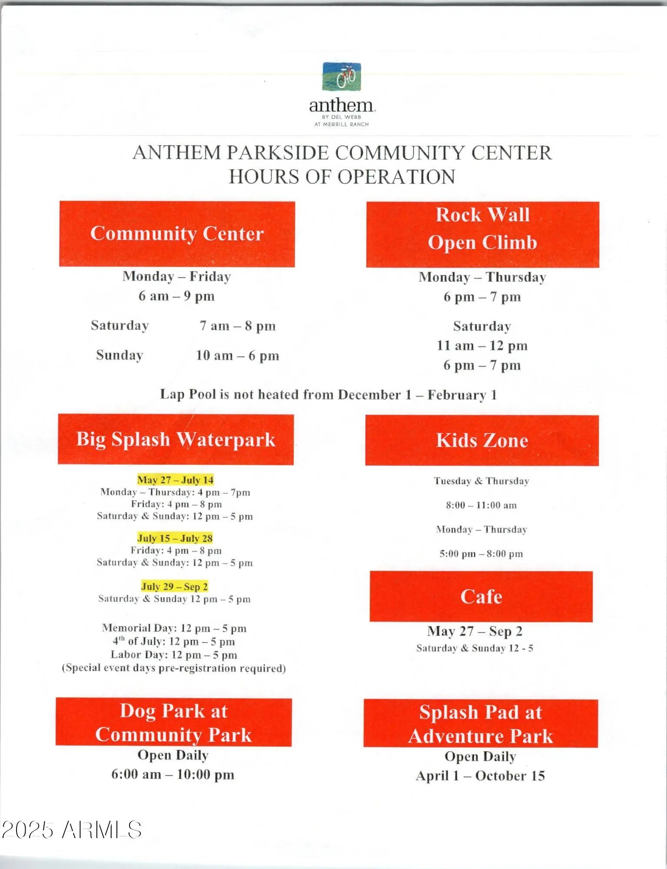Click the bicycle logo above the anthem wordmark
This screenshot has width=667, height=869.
click(342, 77)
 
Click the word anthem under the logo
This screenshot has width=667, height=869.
click(342, 106)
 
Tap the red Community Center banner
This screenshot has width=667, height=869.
click(177, 234)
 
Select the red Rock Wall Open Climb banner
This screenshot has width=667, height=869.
click(482, 234)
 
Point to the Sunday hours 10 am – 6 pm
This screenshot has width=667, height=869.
click(237, 356)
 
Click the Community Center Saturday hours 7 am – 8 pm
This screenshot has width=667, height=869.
click(237, 326)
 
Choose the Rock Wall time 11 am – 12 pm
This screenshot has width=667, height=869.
click(482, 346)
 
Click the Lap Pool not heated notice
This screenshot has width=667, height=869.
click(328, 395)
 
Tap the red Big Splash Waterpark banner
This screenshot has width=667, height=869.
click(176, 439)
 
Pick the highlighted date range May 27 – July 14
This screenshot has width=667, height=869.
click(176, 480)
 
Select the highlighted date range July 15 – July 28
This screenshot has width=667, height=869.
click(175, 538)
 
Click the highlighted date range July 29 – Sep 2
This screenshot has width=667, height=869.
click(175, 586)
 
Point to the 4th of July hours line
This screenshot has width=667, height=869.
click(174, 642)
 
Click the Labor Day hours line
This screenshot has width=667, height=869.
click(174, 655)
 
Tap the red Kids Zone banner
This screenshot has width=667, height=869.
click(482, 440)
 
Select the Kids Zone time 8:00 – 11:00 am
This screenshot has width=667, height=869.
click(481, 505)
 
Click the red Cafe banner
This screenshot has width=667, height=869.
click(481, 596)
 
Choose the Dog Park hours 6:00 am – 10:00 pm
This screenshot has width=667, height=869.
click(173, 774)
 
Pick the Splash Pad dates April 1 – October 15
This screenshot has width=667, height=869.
click(480, 776)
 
